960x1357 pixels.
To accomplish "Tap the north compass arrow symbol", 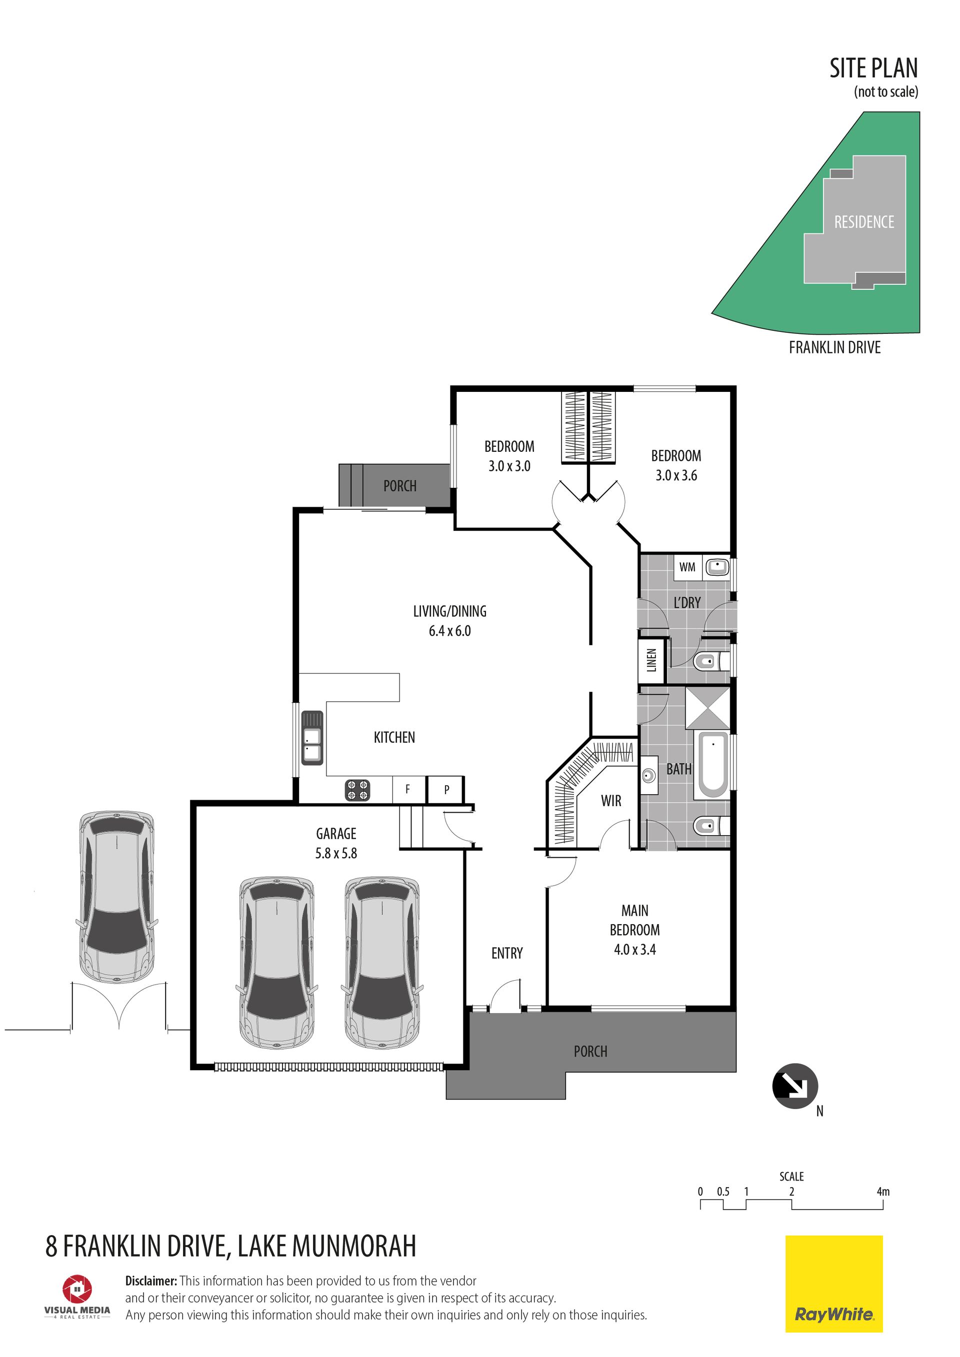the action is click(x=795, y=1086).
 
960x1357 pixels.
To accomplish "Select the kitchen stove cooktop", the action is click(x=357, y=790).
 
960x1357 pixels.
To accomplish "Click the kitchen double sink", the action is click(x=312, y=738).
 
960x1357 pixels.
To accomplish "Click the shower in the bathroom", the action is click(x=707, y=707).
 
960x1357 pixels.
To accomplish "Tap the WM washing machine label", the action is click(x=687, y=567).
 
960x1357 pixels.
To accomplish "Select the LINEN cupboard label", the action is click(x=652, y=660).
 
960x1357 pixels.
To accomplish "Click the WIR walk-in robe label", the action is click(x=611, y=801).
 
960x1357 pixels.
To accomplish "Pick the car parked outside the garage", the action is click(x=117, y=897).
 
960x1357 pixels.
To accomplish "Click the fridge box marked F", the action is click(x=408, y=790).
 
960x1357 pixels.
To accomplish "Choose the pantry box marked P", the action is click(x=446, y=790).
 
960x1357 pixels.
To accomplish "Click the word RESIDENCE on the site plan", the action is click(x=864, y=222).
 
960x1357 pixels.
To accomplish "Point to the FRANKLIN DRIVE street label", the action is click(x=834, y=347).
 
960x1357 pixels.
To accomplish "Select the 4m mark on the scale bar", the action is click(x=882, y=1192).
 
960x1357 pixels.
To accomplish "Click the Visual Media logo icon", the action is click(x=77, y=1289).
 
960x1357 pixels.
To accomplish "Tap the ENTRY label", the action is click(x=507, y=953).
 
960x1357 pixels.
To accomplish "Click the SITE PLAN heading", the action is click(x=873, y=68).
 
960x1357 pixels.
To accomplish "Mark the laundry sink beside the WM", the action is click(x=718, y=567).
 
